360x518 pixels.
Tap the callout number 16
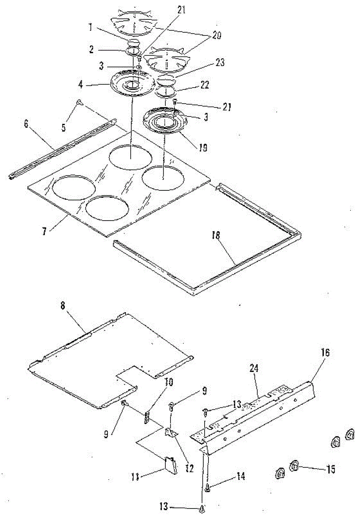point(325,353)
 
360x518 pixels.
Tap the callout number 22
point(205,85)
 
